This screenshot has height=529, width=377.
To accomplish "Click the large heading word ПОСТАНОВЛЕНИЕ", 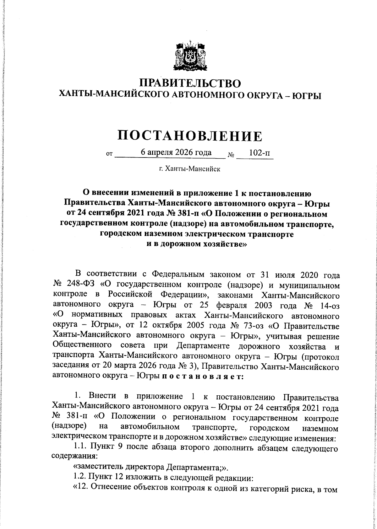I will click(x=189, y=136).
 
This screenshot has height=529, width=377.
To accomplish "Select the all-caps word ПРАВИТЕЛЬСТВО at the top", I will click(x=190, y=83).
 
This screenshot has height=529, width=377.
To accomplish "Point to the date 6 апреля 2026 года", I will click(x=176, y=153).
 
